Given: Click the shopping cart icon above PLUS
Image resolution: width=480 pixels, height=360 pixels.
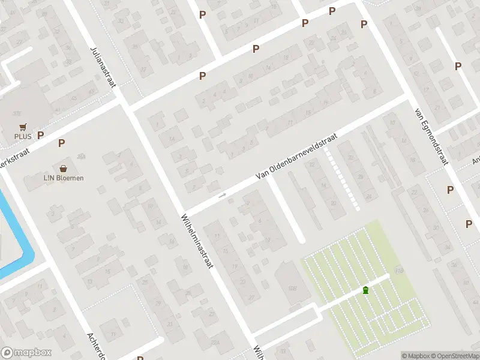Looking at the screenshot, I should (23, 127).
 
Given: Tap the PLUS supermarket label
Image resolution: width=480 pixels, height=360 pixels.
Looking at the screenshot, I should (23, 136).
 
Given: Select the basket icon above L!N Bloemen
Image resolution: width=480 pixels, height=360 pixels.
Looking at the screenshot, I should (63, 169).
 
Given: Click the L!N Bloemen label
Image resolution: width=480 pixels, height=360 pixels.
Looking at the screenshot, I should (63, 178).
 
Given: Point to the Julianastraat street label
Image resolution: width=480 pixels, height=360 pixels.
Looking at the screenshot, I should (103, 67).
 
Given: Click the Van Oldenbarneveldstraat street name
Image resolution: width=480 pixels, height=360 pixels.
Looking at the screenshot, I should (296, 156).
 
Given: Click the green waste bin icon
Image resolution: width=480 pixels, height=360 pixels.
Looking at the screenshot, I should (365, 290).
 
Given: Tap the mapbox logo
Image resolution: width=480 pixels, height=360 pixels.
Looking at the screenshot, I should (26, 353).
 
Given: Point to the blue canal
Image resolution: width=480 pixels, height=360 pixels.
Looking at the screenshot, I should (15, 240).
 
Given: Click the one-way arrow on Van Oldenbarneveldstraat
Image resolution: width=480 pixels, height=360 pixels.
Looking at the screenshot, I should (223, 196).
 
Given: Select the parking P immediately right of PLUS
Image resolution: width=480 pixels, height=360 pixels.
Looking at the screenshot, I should (41, 136).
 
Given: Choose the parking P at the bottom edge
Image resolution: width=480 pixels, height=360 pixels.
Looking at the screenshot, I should (140, 358).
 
